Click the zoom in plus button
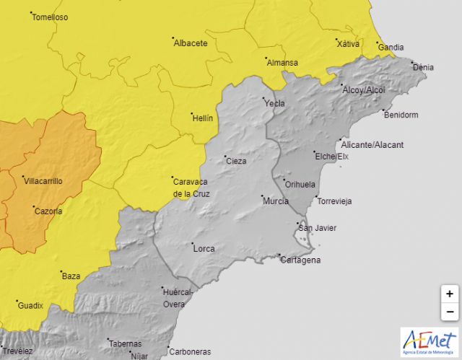click(449, 294)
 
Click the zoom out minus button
click(449, 312)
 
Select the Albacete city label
click(191, 43)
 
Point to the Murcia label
click(276, 201)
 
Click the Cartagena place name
click(300, 260)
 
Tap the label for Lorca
click(204, 249)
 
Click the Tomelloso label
click(50, 17)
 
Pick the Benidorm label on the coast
click(402, 115)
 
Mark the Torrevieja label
click(334, 201)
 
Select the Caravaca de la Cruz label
click(191, 188)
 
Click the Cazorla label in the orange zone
click(48, 211)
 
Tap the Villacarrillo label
click(44, 181)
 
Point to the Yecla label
click(275, 103)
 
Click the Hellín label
click(203, 118)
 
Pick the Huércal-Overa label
click(177, 298)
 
